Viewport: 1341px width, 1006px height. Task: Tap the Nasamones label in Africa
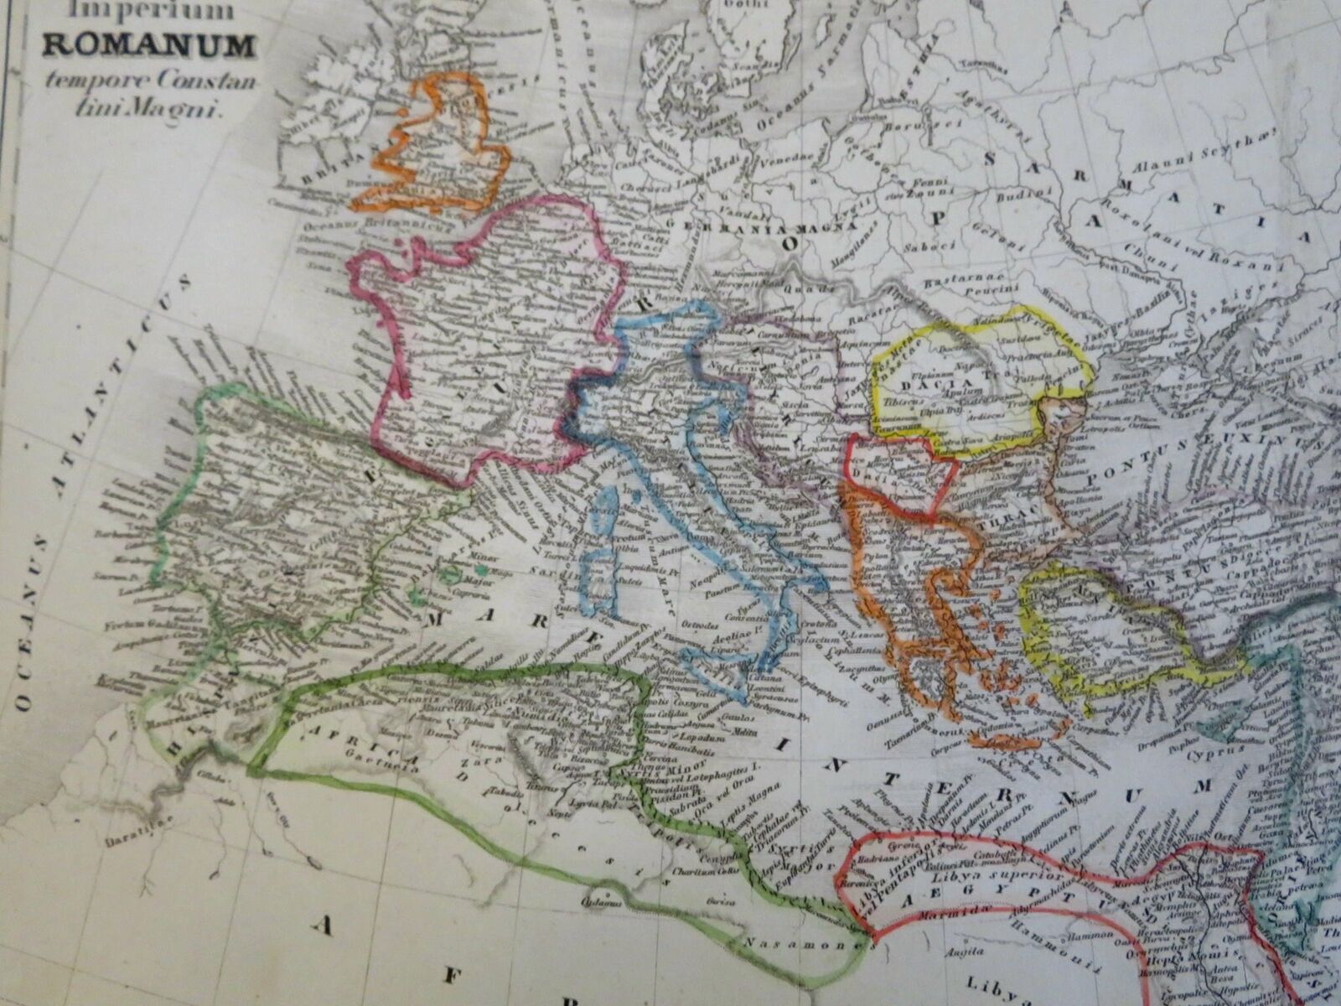(x=825, y=943)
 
